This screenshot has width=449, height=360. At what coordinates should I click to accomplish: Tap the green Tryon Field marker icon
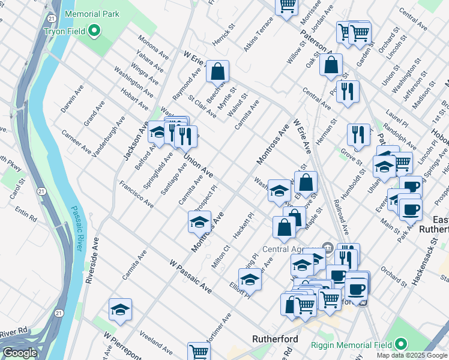[x=94, y=30]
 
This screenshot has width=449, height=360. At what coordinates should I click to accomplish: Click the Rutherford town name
[x=275, y=339]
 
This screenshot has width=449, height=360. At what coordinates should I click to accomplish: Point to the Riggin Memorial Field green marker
[x=400, y=344]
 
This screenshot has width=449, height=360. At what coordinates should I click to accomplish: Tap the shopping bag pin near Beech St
[x=217, y=72]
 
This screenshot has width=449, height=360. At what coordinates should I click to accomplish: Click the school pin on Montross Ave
[x=199, y=223]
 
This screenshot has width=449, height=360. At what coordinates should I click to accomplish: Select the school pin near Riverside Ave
[x=120, y=310]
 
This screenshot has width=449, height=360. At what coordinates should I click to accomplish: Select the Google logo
[x=20, y=353]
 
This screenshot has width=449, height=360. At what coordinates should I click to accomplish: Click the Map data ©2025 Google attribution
[x=412, y=355]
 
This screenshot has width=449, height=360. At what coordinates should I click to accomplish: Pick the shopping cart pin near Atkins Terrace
[x=287, y=5]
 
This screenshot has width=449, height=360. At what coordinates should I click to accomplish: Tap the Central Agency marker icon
[x=328, y=246]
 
